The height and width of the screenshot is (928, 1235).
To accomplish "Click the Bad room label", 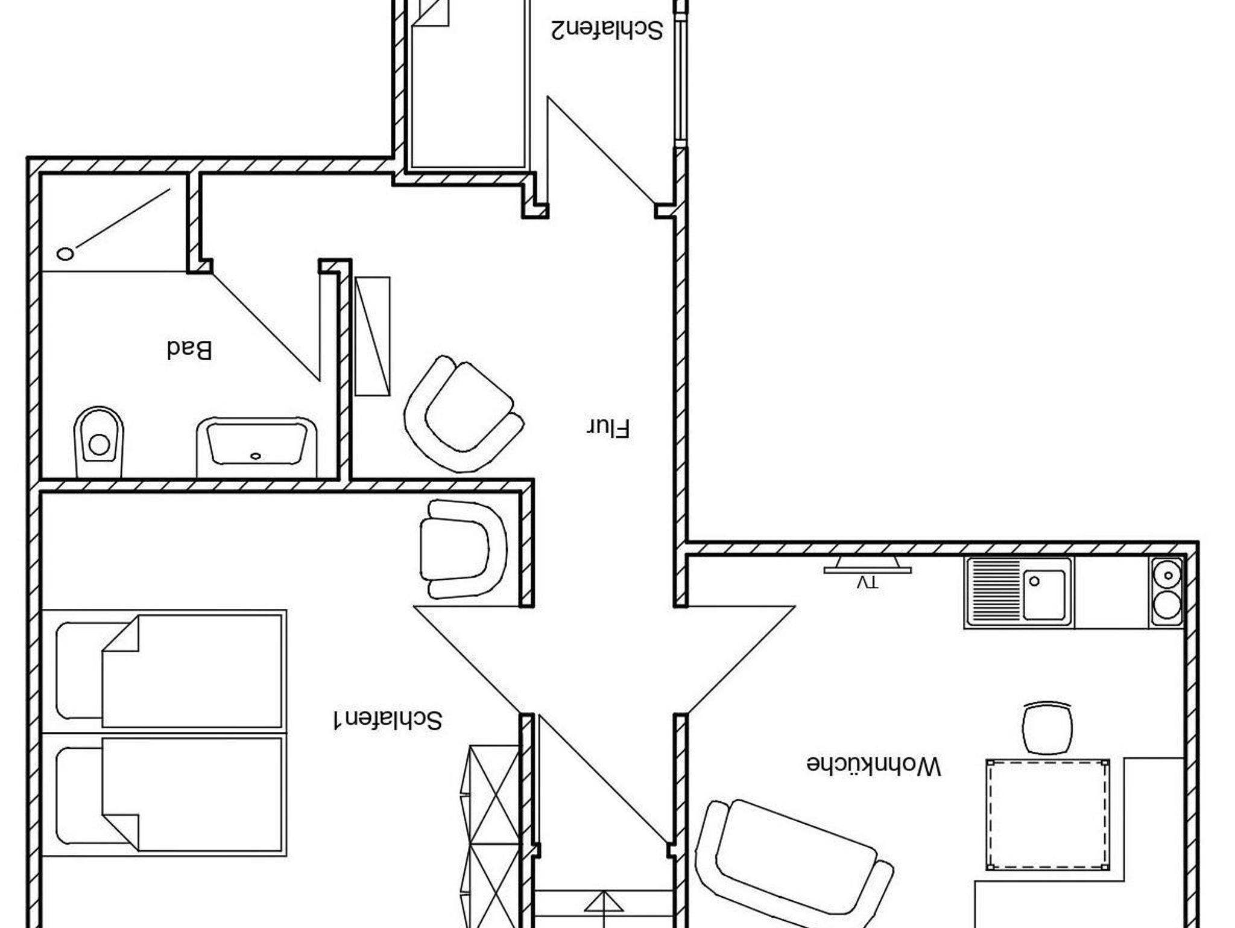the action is pos(189,349).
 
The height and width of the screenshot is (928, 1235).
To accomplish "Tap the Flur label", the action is pos(608,428).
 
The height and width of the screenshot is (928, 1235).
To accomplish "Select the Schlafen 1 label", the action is pos(388,720).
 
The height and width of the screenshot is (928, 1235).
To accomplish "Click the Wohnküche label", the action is pos(874,764).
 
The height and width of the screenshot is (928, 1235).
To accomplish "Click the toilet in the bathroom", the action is pos(98,442).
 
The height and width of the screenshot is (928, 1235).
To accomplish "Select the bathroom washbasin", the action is pos(256,447).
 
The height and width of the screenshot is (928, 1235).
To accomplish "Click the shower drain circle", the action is pos(65,253).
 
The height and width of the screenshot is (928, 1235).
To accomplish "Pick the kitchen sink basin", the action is pos(1044,594).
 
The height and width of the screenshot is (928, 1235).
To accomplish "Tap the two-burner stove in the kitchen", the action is pos(1166,592).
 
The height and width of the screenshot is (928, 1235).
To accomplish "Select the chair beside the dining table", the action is pos(1048,728).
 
